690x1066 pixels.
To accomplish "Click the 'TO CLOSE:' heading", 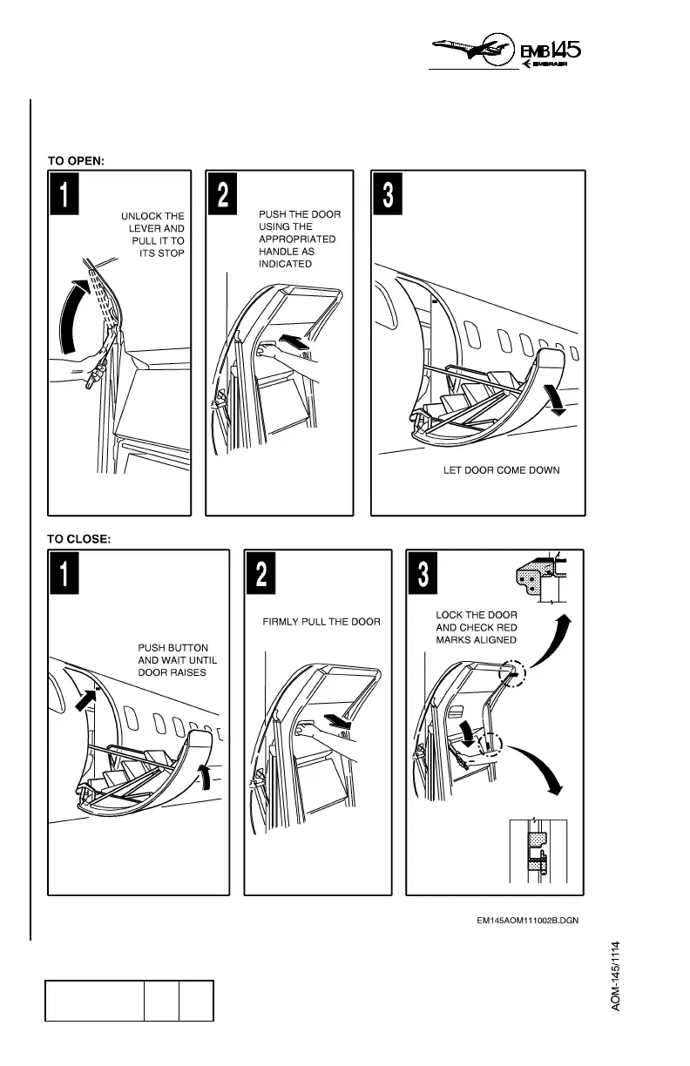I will tap(79, 539).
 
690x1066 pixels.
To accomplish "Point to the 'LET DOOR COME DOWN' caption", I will tap(502, 470).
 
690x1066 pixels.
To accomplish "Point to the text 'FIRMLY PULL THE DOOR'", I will tap(321, 623).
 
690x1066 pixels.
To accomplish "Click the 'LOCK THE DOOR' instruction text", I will tap(476, 627).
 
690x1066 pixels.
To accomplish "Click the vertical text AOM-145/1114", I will tap(615, 975).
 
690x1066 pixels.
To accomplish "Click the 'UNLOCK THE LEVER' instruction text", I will tap(153, 234).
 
